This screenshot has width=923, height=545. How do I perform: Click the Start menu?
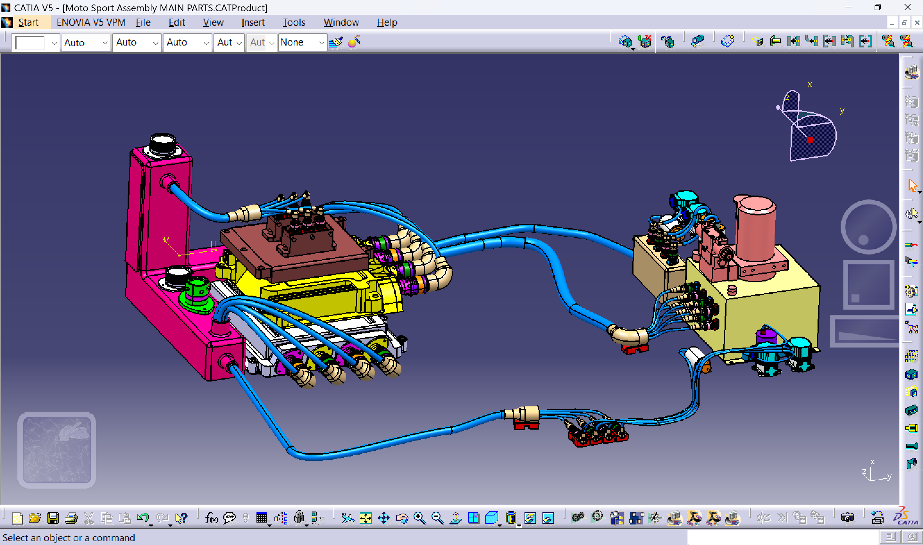click(28, 22)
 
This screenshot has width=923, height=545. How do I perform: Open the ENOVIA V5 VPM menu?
click(91, 22)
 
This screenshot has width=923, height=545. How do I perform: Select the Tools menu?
click(294, 22)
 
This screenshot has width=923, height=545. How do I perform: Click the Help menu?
click(387, 22)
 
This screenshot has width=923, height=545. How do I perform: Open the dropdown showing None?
click(302, 43)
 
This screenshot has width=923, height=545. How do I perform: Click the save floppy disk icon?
click(53, 518)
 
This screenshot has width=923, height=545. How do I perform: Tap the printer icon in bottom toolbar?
click(71, 518)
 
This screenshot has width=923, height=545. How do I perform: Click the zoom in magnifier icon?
click(419, 518)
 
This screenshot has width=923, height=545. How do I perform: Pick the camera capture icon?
click(847, 518)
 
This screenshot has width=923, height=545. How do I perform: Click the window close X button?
click(907, 7)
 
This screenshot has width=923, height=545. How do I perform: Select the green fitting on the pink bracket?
click(197, 294)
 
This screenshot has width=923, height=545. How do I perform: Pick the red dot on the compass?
click(810, 140)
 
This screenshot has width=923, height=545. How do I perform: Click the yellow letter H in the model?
click(213, 244)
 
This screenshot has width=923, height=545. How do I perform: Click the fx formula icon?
click(211, 518)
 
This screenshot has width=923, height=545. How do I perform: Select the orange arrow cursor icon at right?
click(912, 186)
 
